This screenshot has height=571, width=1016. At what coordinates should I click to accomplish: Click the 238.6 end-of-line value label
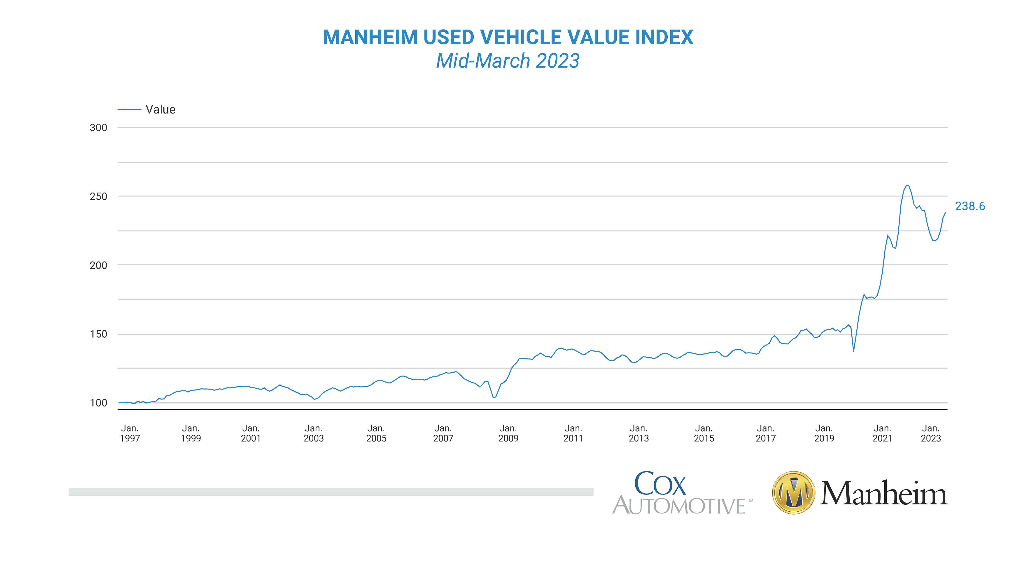click(970, 206)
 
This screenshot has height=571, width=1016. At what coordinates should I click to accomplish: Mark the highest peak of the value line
click(908, 186)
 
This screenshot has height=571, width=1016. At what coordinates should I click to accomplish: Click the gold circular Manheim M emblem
click(794, 493)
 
